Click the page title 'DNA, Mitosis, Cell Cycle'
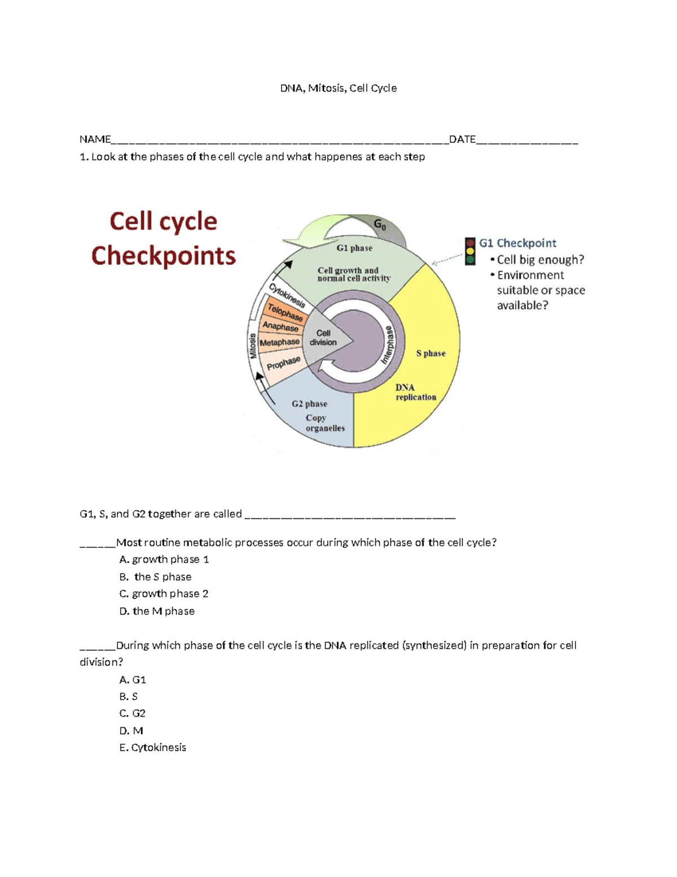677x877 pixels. (338, 88)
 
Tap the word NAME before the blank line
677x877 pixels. (95, 139)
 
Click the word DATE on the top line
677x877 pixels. (462, 139)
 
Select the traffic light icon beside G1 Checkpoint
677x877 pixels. (470, 252)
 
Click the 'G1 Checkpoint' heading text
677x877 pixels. (517, 243)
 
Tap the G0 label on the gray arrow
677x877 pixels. (380, 225)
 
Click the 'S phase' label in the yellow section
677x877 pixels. (430, 354)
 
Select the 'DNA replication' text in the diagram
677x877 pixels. (415, 392)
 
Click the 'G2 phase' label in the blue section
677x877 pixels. (309, 404)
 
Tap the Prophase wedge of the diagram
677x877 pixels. (283, 364)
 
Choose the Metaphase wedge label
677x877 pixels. (279, 343)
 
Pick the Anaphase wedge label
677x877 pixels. (280, 326)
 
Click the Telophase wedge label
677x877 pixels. (285, 312)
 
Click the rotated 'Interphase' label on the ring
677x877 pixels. (389, 344)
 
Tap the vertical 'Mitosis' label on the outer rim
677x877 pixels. (253, 346)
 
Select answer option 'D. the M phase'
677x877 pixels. (157, 611)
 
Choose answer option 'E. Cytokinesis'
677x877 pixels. (152, 748)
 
